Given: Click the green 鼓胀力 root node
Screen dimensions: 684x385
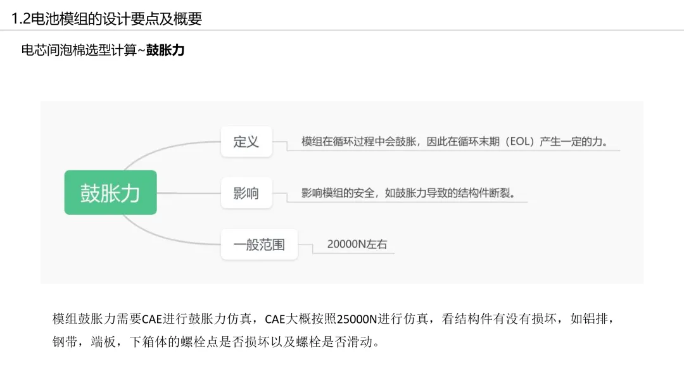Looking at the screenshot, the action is (x=110, y=192).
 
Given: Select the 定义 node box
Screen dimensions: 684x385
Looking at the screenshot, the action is (x=246, y=141).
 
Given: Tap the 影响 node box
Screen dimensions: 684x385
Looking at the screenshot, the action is (x=246, y=193).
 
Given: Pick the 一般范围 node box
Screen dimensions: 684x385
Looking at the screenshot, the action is (x=259, y=244).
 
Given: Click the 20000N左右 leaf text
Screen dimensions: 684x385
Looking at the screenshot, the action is (x=357, y=244).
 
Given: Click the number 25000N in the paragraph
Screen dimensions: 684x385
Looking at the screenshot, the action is (x=357, y=319).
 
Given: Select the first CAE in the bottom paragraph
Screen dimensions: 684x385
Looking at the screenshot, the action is (x=152, y=319).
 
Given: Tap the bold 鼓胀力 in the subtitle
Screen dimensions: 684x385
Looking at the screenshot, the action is (x=165, y=50).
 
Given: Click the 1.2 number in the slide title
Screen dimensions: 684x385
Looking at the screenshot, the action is (x=20, y=19).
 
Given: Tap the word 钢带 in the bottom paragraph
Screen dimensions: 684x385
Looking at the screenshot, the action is (x=64, y=343).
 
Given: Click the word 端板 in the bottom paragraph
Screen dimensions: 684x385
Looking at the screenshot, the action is (x=103, y=343).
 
